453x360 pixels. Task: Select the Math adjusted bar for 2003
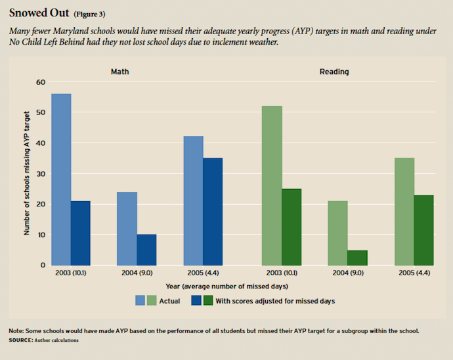pos(81,233)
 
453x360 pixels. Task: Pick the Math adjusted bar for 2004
pos(146,250)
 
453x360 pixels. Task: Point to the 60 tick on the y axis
pos(41,82)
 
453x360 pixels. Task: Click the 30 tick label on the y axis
pos(41,174)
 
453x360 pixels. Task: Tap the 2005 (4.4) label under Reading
pos(414,274)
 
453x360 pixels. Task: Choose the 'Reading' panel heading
pos(334,71)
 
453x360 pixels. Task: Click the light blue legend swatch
pos(140,300)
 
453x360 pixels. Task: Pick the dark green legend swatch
pos(208,300)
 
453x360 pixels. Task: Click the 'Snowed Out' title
pos(36,13)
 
